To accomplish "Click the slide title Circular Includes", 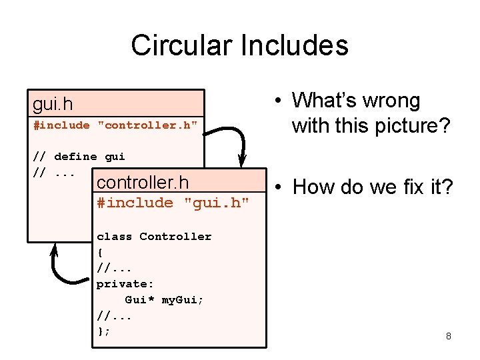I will click(239, 46).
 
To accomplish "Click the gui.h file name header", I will click(53, 104).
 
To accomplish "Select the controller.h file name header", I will click(142, 182).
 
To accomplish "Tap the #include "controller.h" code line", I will click(115, 125).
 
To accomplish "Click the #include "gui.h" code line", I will click(173, 203).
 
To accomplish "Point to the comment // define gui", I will click(79, 157).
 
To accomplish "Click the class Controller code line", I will click(153, 237).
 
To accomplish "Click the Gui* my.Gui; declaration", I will click(164, 300).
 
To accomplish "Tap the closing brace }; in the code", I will click(103, 331).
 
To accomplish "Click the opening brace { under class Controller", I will click(100, 253).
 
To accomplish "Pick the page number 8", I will click(448, 336).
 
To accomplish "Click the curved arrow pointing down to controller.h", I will click(237, 141).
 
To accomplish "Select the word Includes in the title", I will click(295, 46).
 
